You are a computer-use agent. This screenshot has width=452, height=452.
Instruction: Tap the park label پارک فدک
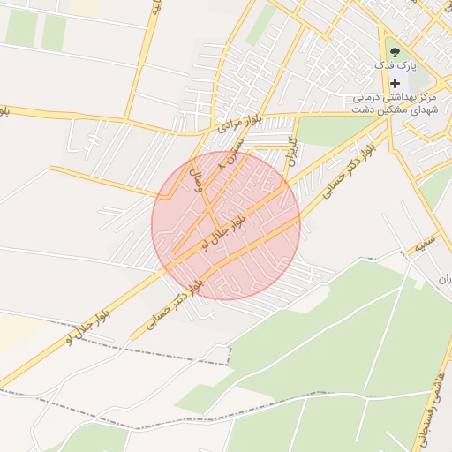coord(394,66)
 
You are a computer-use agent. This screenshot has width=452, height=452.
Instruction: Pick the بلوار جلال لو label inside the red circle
coord(221,230)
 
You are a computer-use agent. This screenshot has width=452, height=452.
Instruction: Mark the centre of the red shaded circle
coord(226,225)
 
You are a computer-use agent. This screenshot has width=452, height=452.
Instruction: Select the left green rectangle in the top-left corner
coord(21,28)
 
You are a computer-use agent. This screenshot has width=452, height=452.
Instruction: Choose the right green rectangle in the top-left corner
coord(54,33)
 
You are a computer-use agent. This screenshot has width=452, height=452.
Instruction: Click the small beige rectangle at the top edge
coord(85,6)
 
